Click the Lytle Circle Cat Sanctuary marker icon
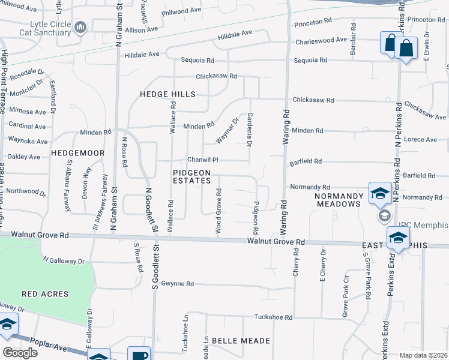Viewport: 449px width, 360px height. point(80,27)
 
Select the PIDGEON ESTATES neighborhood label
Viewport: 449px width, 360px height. point(191,176)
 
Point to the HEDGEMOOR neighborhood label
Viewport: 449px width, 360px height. point(78,154)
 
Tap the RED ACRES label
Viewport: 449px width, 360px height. point(45,294)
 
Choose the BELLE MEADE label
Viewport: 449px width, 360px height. point(241,341)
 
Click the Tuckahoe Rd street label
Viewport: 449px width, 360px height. point(273,317)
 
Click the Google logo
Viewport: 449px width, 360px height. point(20,353)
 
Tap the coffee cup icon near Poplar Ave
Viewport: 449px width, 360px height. point(139,355)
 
